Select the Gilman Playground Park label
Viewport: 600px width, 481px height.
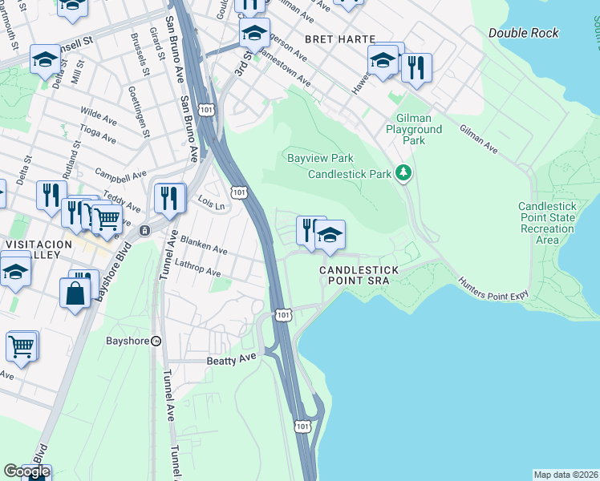pos(413,128)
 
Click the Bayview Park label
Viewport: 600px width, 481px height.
pos(320,158)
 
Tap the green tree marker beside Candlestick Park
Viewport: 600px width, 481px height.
pos(406,172)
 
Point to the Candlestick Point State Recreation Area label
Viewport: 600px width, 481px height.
pos(547,223)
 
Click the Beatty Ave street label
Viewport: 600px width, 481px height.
pos(233,361)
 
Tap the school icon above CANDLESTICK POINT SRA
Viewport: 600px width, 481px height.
pos(329,234)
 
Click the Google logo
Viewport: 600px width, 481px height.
pos(26,472)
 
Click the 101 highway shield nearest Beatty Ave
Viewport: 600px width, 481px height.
pos(282,315)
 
